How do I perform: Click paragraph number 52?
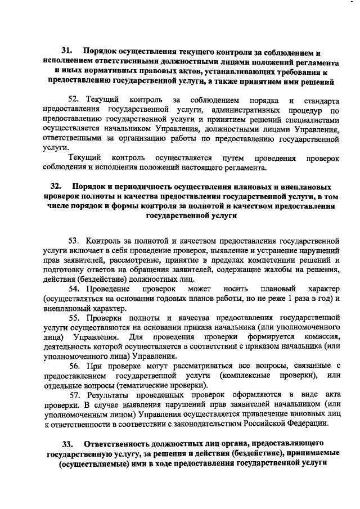click(74, 100)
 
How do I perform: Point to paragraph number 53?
click(75, 237)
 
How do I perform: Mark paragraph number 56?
click(75, 366)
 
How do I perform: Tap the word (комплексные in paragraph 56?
click(246, 375)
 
